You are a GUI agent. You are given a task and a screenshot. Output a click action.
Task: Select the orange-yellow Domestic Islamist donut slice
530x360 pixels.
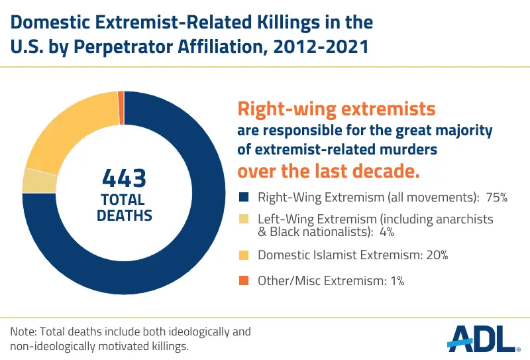click(63, 129)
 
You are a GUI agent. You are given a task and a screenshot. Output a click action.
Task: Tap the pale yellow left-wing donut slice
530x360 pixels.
click(31, 180)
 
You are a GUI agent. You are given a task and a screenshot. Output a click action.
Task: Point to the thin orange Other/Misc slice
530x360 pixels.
click(121, 98)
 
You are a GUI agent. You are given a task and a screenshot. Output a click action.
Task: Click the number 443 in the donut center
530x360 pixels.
click(124, 179)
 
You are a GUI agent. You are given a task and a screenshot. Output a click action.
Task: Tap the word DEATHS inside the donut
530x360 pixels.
click(124, 215)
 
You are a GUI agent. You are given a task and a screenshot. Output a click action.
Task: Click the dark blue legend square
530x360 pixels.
click(242, 197)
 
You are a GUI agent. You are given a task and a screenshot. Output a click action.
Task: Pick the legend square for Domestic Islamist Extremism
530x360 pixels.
click(242, 254)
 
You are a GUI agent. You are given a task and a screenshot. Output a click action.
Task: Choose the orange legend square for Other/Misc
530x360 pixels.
click(242, 280)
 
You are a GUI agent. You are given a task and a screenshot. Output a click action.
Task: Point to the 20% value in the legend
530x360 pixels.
click(425, 254)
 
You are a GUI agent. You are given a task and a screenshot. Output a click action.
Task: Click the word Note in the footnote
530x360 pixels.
click(23, 331)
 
